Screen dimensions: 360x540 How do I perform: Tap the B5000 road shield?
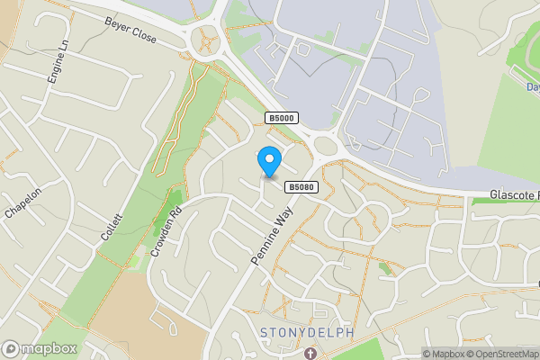tap(280, 118)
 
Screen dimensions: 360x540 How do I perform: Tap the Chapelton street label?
tap(23, 202)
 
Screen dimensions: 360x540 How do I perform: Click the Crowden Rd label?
tap(166, 232)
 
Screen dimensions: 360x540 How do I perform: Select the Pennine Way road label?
tap(273, 238)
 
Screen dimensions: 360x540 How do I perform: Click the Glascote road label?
tap(514, 195)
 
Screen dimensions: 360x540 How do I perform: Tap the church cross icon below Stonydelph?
tap(311, 353)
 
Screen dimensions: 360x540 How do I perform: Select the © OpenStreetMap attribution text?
tap(502, 354)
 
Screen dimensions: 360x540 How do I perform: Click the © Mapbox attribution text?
tap(444, 354)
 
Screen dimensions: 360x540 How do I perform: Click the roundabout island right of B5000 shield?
tap(325, 146)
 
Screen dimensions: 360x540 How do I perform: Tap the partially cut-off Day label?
tap(532, 87)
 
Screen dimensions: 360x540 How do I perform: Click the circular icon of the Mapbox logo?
tap(11, 349)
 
